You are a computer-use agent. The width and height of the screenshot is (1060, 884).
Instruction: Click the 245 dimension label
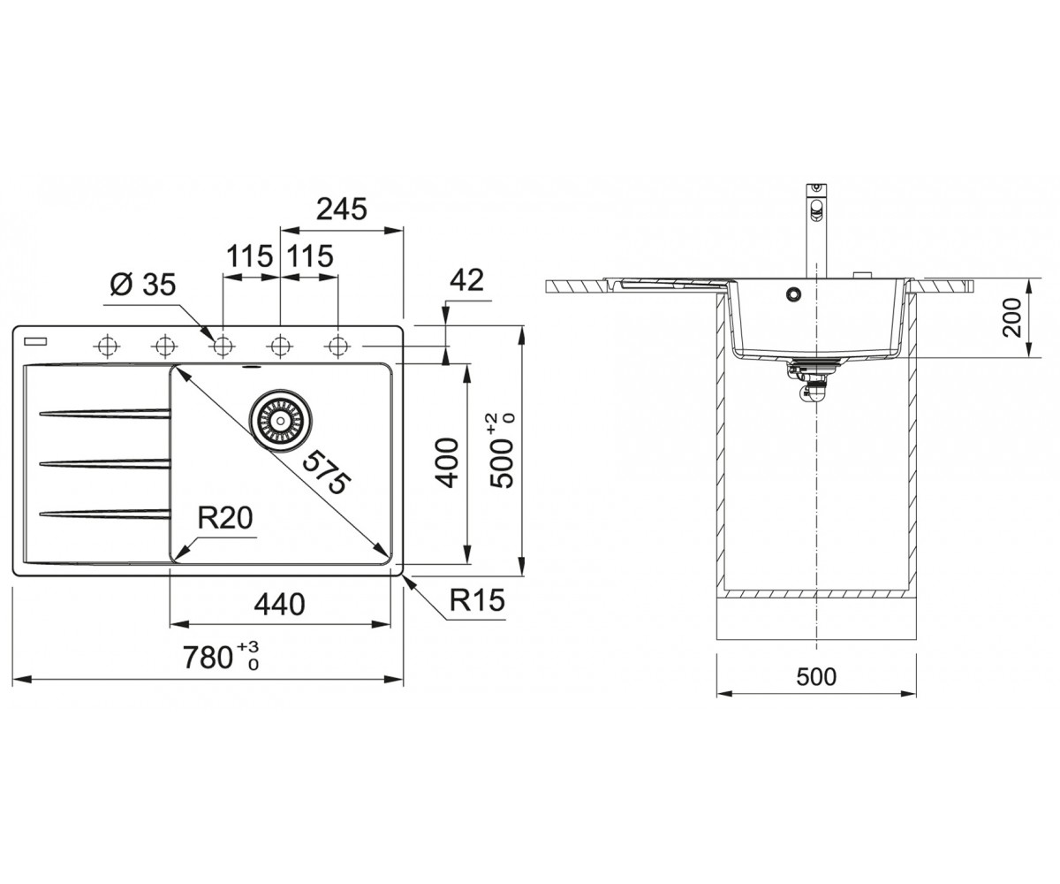click(341, 209)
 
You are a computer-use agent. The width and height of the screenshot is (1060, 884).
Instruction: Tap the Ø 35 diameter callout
click(142, 285)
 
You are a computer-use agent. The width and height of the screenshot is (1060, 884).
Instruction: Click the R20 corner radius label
click(225, 518)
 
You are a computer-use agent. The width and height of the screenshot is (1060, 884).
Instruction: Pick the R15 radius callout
click(477, 600)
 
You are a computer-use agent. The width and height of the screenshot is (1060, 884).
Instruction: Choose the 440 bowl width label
click(280, 605)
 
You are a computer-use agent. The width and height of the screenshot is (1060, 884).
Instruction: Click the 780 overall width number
click(208, 658)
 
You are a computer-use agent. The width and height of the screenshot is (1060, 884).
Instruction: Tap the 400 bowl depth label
click(448, 463)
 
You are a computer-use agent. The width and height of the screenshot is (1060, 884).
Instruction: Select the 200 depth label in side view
click(1011, 317)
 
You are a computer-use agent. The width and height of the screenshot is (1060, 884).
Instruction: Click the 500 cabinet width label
click(816, 677)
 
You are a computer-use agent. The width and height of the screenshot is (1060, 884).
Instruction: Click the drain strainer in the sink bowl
click(280, 421)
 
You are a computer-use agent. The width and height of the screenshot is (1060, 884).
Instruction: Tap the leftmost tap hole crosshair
click(107, 347)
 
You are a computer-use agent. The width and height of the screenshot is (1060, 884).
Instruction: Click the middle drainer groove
click(104, 464)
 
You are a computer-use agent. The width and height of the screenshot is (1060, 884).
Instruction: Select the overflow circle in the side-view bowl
click(792, 293)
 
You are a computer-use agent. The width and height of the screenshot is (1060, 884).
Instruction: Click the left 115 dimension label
click(249, 256)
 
